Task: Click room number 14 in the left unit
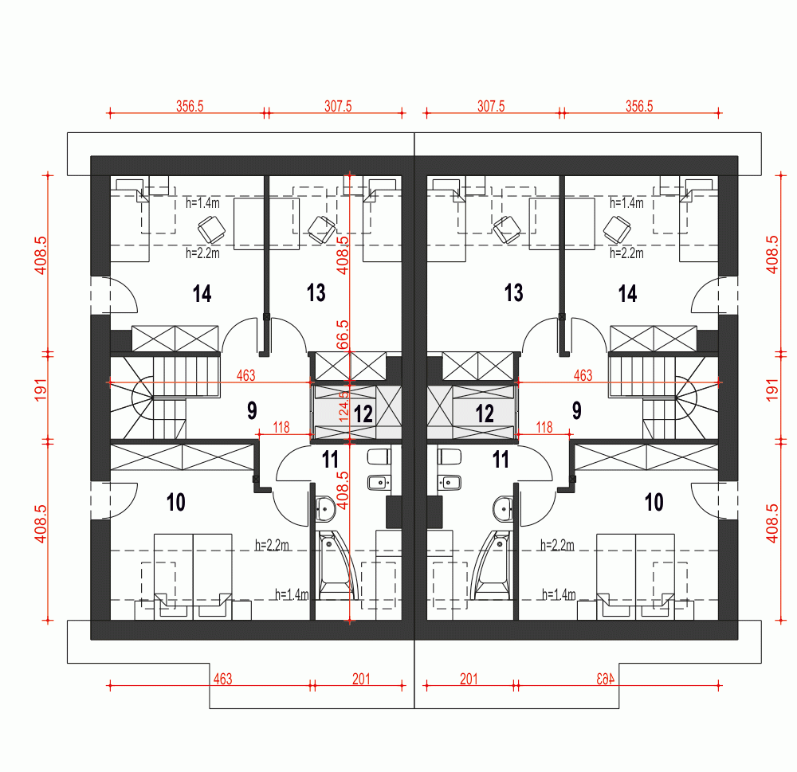[202, 293]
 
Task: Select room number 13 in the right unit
[514, 293]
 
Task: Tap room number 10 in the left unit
[176, 502]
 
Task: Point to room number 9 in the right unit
[576, 411]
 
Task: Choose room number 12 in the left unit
[363, 413]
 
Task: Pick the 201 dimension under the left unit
[361, 679]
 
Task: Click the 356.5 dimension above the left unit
[189, 105]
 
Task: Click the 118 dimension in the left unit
[281, 427]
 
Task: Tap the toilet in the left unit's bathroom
[377, 457]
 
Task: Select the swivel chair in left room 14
[211, 229]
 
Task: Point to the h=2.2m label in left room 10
[272, 546]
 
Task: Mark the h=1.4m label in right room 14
[626, 203]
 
